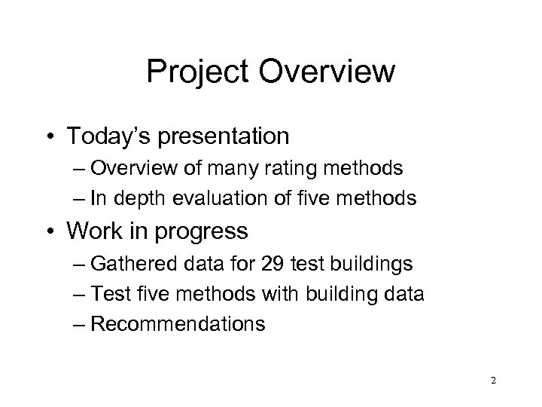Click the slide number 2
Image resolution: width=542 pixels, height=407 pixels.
(x=493, y=381)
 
